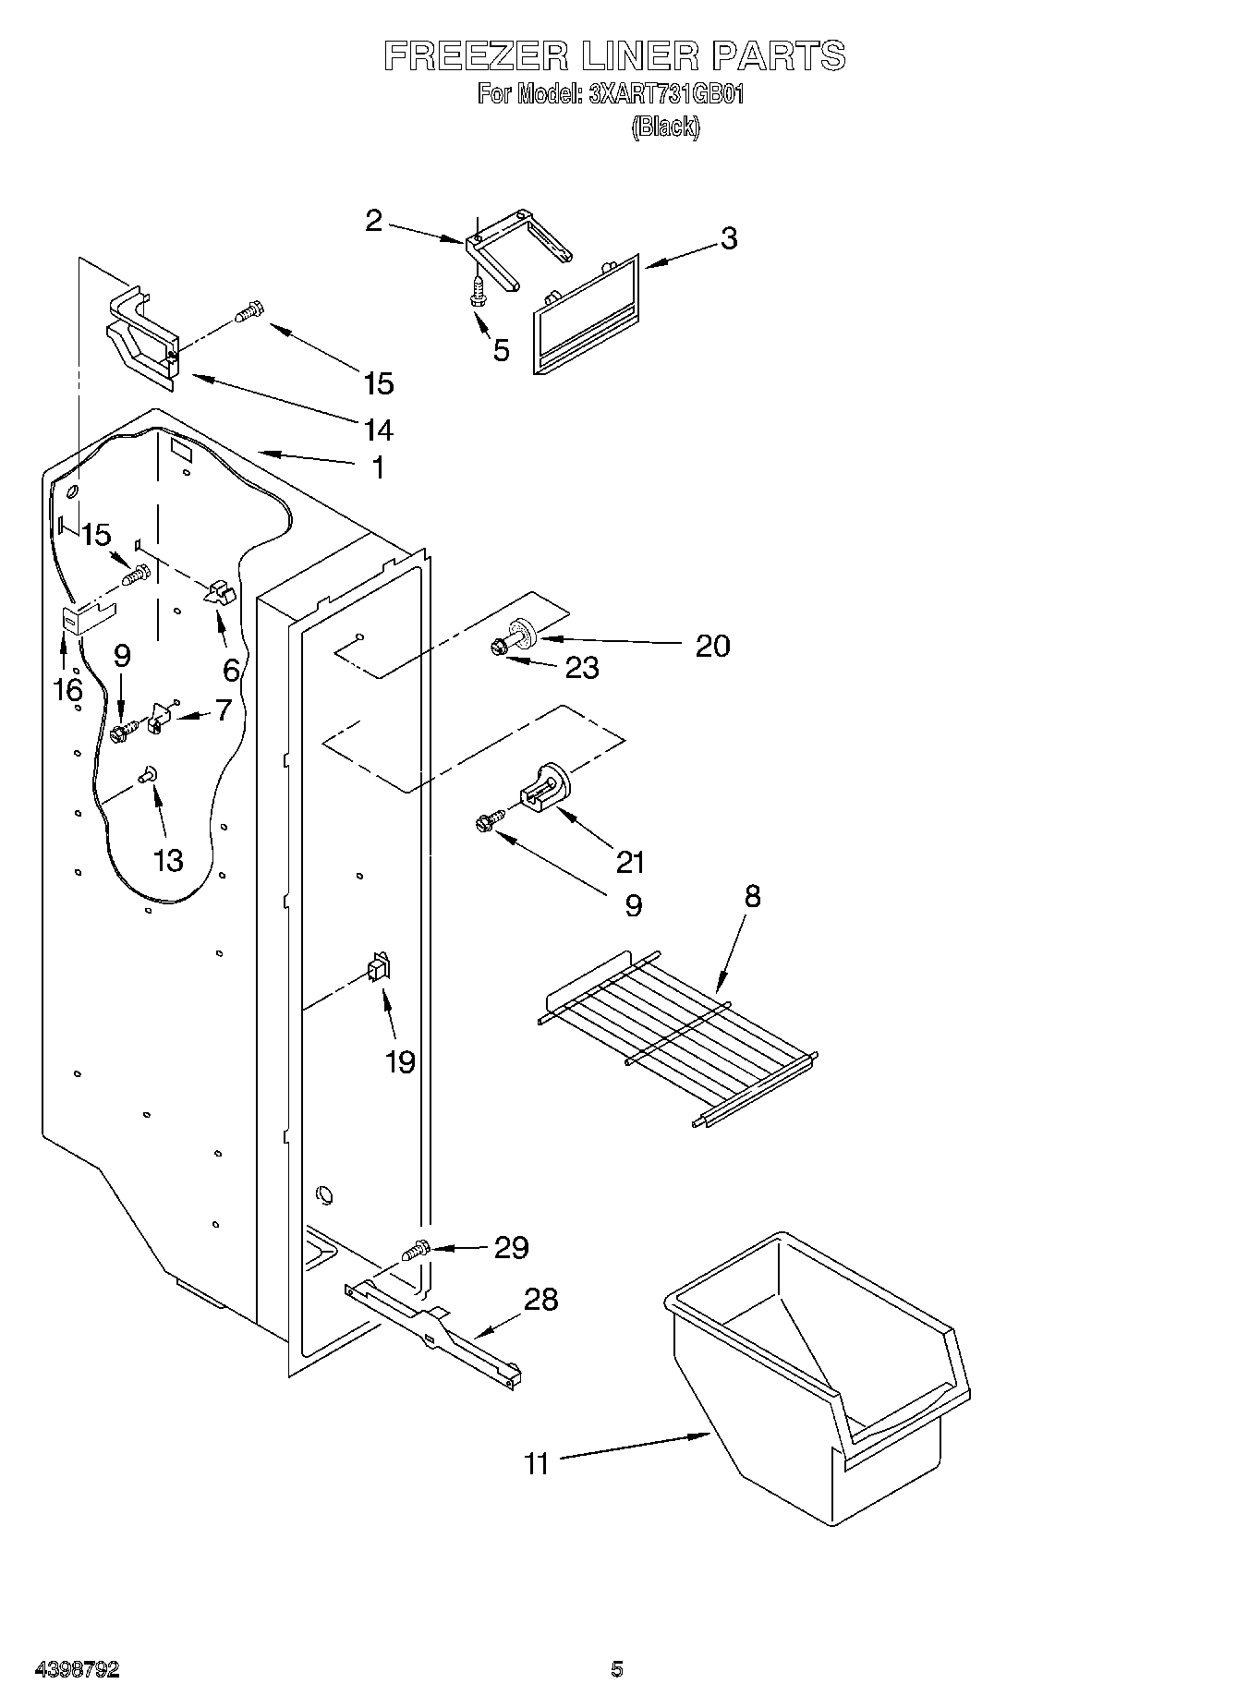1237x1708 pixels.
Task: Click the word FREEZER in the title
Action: (474, 56)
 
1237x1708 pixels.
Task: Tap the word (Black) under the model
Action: (665, 127)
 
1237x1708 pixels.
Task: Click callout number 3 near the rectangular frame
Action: (729, 238)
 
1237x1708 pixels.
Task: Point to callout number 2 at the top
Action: (373, 221)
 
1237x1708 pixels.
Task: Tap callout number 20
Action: (712, 645)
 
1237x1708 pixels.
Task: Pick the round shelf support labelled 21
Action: (545, 788)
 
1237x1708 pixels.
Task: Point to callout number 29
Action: (511, 1247)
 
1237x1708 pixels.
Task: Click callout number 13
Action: (168, 861)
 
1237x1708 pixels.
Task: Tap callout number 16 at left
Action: (67, 689)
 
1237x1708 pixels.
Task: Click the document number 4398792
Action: (77, 1669)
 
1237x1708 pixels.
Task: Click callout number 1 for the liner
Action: (377, 467)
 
